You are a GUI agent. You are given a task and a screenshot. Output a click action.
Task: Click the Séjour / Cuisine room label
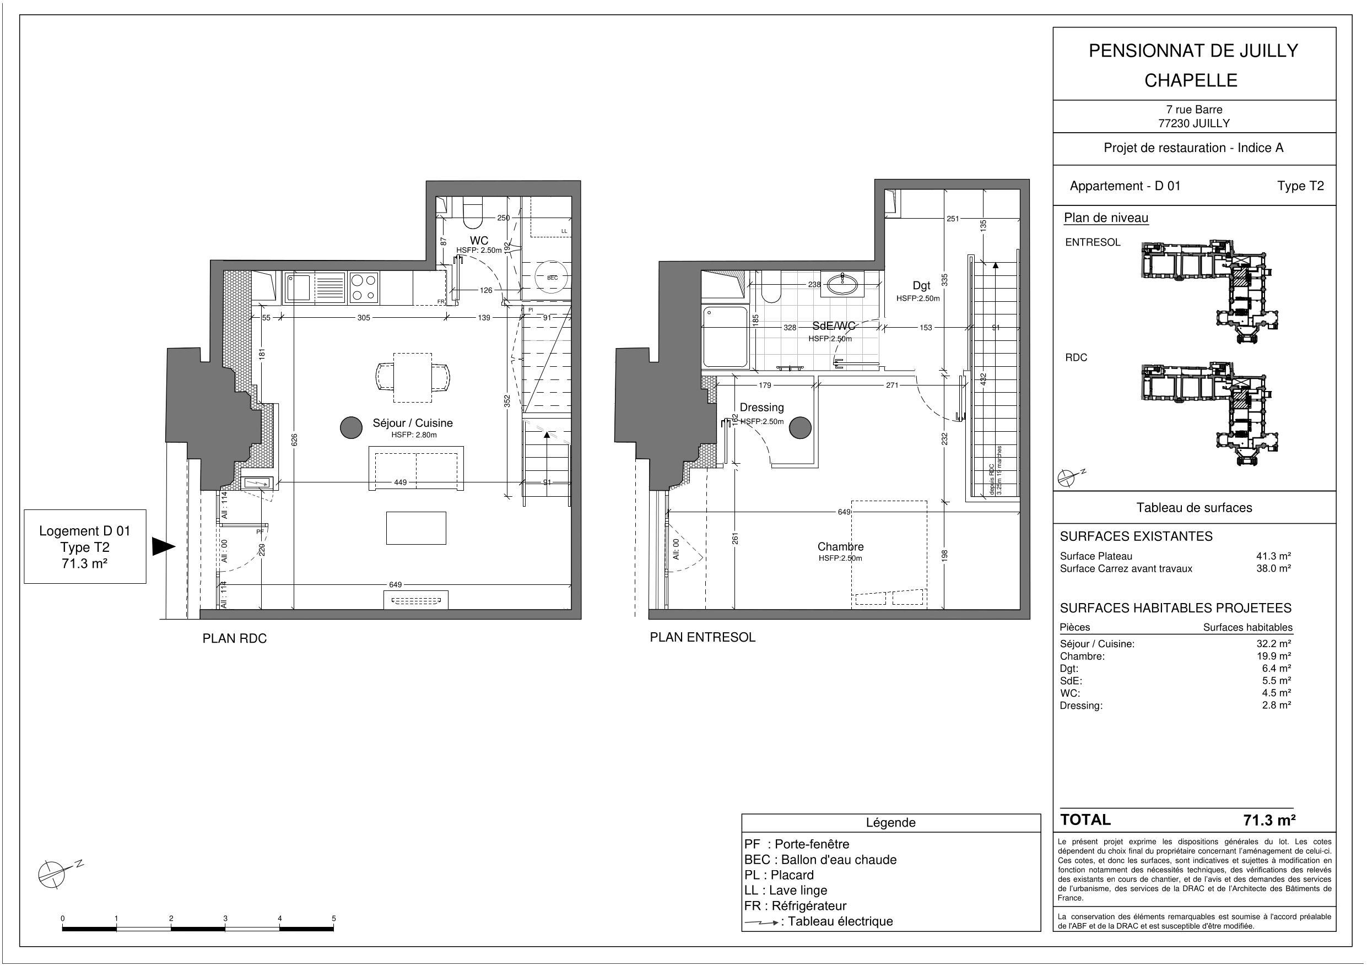point(413,423)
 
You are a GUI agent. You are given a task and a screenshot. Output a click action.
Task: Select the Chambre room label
point(840,546)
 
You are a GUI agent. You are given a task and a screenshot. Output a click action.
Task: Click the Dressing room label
point(761,408)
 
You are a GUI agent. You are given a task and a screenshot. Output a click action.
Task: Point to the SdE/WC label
point(834,326)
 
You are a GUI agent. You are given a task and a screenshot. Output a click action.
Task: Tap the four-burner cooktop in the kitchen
point(364,287)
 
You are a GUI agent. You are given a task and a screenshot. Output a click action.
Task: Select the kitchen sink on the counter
point(298,287)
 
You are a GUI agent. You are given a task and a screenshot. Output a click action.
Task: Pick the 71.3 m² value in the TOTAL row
point(1269,820)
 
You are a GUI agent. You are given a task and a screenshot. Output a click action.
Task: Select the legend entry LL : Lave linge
point(785,891)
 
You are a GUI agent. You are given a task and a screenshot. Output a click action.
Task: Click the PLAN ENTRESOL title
point(702,637)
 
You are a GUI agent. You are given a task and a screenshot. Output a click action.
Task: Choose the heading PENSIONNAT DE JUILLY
point(1193,51)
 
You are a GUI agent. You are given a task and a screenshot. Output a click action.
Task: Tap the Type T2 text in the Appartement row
point(1300,186)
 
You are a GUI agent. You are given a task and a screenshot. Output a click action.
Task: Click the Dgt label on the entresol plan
point(921,286)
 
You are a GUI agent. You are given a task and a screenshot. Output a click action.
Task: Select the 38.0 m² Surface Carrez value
point(1273,568)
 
